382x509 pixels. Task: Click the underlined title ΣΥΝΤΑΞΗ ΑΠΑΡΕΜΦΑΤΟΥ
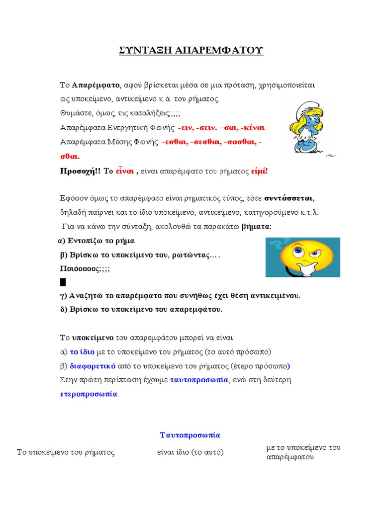[x=191, y=50]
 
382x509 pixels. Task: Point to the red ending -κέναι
[x=252, y=128]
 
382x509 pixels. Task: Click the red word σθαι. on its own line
[x=70, y=157]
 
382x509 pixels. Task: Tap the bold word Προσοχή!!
[x=80, y=171]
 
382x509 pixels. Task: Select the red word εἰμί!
[x=259, y=171]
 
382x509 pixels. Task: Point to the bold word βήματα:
[x=257, y=227]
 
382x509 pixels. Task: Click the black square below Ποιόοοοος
[x=63, y=282]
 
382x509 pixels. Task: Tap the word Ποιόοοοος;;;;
[x=85, y=268]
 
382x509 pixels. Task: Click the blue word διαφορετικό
[x=93, y=366]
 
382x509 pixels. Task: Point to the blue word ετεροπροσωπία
[x=89, y=394]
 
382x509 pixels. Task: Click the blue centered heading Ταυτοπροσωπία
[x=190, y=435]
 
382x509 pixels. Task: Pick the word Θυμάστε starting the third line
[x=75, y=112]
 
